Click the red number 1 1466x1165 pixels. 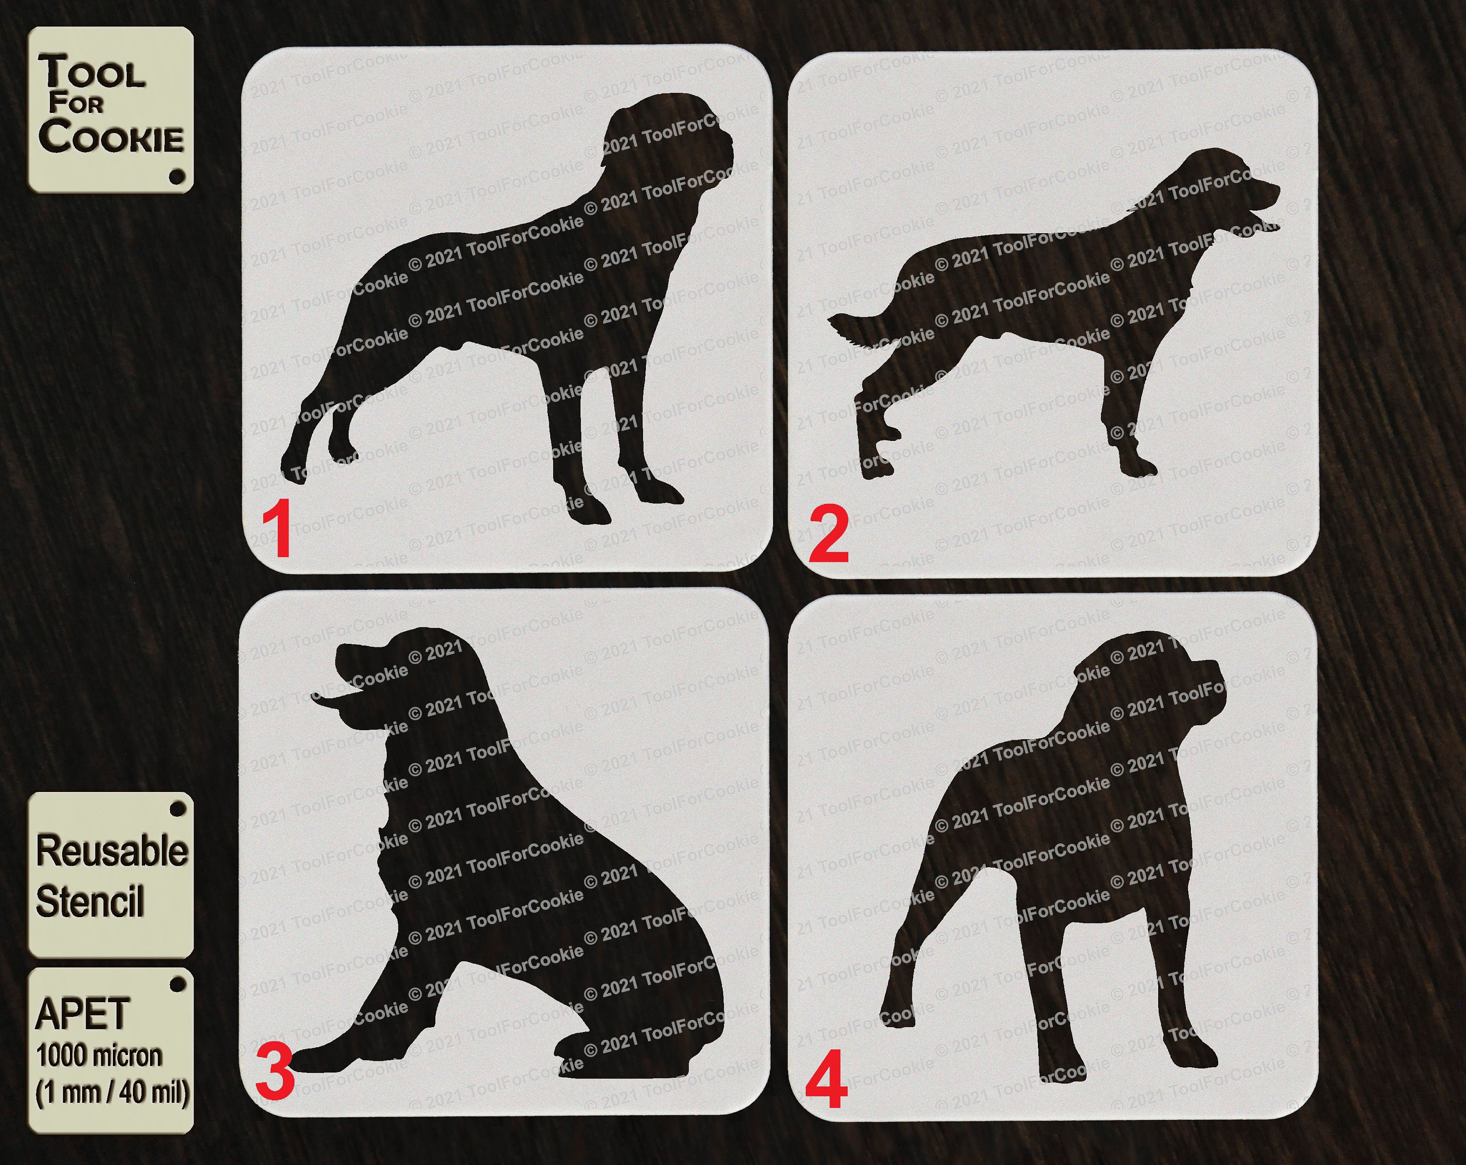278,528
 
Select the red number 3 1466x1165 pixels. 275,1073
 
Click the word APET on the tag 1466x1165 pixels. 82,1014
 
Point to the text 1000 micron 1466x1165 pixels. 99,1055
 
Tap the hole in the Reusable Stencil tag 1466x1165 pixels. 177,809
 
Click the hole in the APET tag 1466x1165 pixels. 177,984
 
